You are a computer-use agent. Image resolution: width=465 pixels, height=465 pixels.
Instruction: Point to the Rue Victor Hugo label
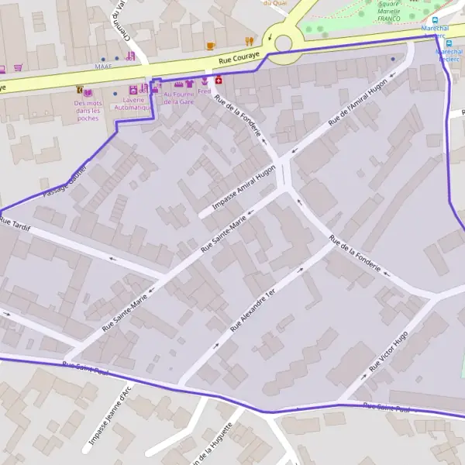point(389,351)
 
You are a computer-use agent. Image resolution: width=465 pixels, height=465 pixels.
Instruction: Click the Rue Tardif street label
point(15,223)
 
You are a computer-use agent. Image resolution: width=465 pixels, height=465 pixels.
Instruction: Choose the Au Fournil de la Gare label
point(178,98)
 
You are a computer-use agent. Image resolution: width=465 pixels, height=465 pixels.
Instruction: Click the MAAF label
point(104,67)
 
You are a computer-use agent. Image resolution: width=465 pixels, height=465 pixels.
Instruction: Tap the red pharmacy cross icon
point(219,80)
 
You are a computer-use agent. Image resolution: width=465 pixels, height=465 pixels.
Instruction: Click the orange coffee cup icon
point(210,46)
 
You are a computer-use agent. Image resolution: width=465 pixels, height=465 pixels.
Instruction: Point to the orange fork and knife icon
point(249,40)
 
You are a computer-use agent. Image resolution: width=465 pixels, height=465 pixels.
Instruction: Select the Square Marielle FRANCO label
point(387,11)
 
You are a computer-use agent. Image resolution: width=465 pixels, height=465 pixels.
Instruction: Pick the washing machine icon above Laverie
point(133,90)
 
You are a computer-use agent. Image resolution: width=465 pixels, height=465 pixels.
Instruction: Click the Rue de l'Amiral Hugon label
point(357,102)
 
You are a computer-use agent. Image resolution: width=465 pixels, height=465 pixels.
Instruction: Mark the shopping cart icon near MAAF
point(18,67)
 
